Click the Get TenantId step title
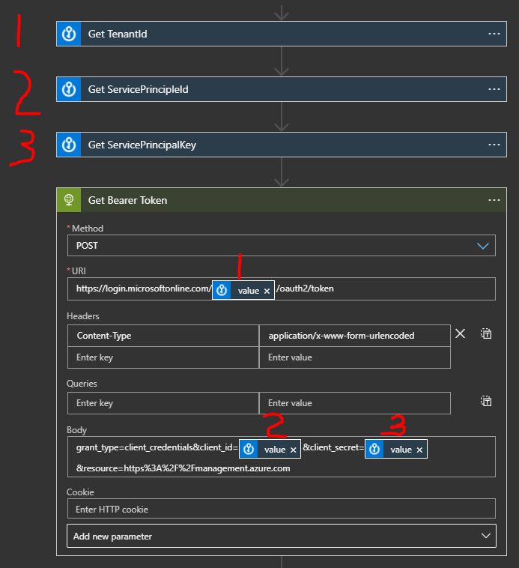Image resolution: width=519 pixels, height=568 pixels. click(x=118, y=34)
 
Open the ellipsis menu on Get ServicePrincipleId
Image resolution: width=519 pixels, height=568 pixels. click(x=494, y=89)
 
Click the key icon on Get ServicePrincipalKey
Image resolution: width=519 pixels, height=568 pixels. click(x=69, y=145)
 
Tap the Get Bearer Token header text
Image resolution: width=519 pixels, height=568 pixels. click(x=127, y=200)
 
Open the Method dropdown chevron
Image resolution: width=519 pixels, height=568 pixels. click(x=483, y=245)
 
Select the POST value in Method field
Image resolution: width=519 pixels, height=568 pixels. click(x=88, y=245)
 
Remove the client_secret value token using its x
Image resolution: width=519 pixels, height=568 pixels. click(x=419, y=450)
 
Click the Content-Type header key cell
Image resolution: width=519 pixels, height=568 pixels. click(x=163, y=335)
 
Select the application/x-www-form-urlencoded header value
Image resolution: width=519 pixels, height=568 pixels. click(x=342, y=335)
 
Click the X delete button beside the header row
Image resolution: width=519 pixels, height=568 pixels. click(x=461, y=333)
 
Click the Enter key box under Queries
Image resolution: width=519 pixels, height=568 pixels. click(x=163, y=403)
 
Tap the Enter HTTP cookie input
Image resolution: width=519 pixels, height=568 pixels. click(x=281, y=510)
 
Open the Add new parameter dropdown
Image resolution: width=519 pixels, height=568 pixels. click(x=281, y=537)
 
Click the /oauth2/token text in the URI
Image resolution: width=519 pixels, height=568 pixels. click(x=305, y=288)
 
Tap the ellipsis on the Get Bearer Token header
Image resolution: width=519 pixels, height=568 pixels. click(x=494, y=200)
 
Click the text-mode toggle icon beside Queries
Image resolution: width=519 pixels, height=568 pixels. click(x=486, y=402)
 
